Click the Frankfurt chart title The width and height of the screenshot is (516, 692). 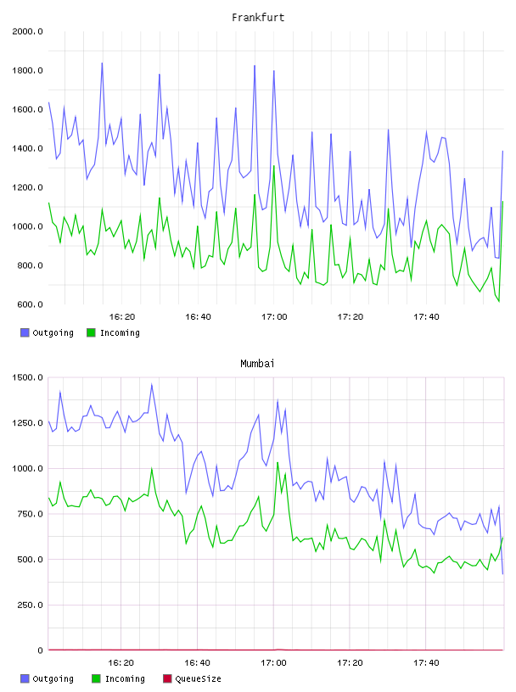click(258, 18)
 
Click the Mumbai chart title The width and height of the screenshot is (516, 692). click(257, 364)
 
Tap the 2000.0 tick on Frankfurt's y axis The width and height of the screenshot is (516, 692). click(27, 31)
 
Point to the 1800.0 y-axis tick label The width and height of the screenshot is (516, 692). click(27, 70)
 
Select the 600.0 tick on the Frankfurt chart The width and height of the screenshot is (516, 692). click(30, 304)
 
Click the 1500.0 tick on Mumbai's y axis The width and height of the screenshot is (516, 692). click(27, 377)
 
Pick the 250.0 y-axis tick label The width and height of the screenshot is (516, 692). click(30, 605)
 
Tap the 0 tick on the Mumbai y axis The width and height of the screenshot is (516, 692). click(40, 650)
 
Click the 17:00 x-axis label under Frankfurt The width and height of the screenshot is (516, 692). click(274, 317)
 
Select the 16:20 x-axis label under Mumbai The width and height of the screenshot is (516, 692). click(121, 663)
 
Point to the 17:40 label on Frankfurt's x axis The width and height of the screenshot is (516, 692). click(426, 317)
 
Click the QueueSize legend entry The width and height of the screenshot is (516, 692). click(192, 678)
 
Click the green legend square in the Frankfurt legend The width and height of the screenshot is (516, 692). click(91, 332)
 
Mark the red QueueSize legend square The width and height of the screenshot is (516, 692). click(167, 678)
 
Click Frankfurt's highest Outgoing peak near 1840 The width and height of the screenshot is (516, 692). click(102, 63)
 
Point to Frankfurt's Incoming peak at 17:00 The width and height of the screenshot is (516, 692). click(274, 166)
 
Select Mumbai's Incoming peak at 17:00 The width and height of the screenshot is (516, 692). click(278, 462)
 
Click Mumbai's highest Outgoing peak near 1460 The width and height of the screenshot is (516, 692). click(152, 384)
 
